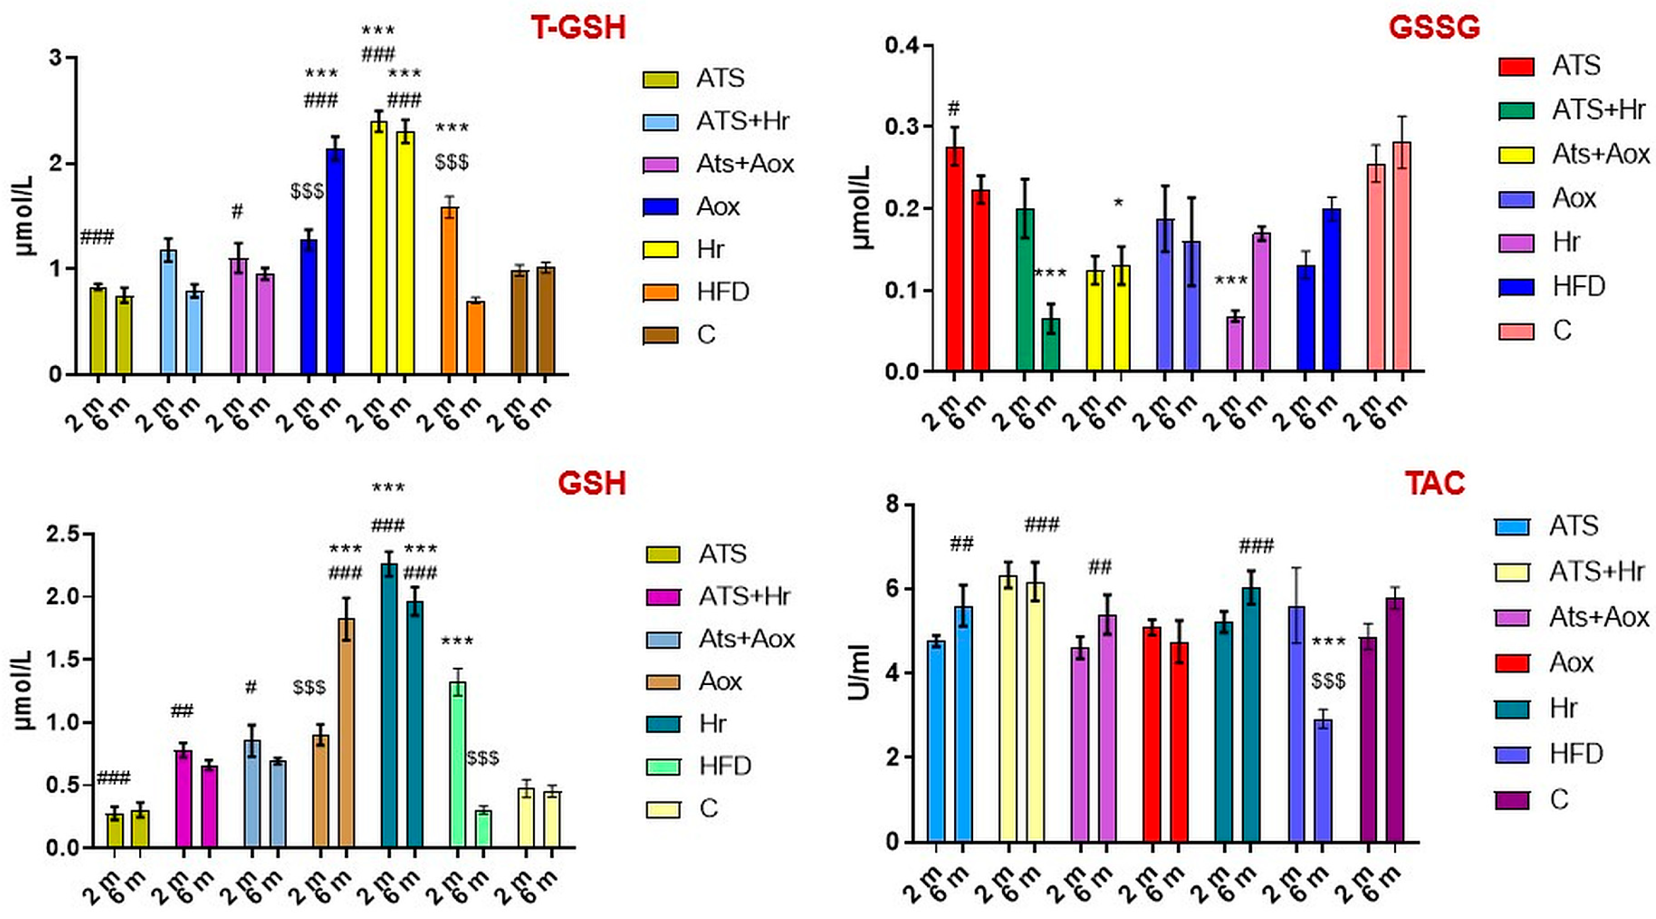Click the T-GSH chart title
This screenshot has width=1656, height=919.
point(578,28)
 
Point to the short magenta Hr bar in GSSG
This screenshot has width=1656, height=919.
point(1235,344)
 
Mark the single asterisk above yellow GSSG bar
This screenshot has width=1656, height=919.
point(1118,204)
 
